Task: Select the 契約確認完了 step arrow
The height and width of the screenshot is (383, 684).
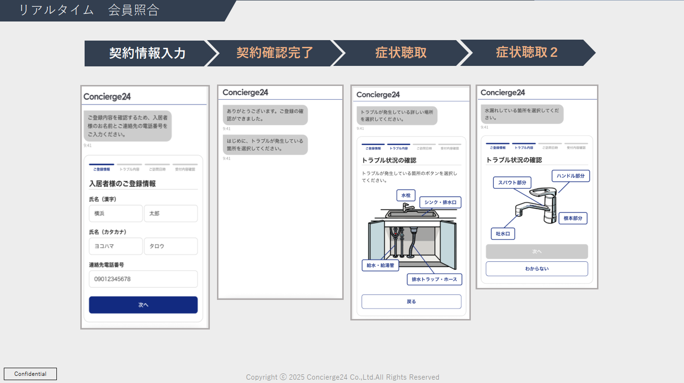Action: (274, 53)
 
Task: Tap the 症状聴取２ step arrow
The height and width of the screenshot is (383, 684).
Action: (526, 53)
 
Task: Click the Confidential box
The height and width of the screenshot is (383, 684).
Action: (31, 374)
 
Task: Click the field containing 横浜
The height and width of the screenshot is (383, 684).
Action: (115, 213)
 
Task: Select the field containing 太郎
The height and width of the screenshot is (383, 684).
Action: (171, 213)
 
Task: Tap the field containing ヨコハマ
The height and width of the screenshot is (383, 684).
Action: (115, 246)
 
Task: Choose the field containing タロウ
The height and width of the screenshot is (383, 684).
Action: (171, 246)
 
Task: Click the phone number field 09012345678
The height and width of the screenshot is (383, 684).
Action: (143, 279)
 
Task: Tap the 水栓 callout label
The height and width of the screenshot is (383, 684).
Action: (406, 195)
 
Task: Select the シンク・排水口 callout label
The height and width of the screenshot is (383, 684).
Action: (440, 202)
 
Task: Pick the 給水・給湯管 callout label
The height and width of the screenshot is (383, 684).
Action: (380, 265)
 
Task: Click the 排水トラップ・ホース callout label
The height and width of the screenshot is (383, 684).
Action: (434, 279)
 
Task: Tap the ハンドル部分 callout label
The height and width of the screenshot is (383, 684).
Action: (571, 176)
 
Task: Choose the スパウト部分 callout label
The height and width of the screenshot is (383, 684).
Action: (512, 182)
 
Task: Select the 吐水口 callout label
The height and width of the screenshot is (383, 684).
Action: (503, 234)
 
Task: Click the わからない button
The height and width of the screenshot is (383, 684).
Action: (537, 269)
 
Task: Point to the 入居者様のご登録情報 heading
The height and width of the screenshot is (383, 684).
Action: (122, 183)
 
